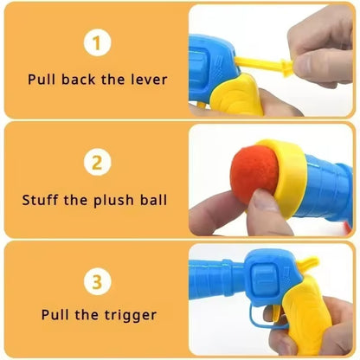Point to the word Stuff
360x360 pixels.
[40, 201]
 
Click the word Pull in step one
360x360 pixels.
[42, 79]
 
